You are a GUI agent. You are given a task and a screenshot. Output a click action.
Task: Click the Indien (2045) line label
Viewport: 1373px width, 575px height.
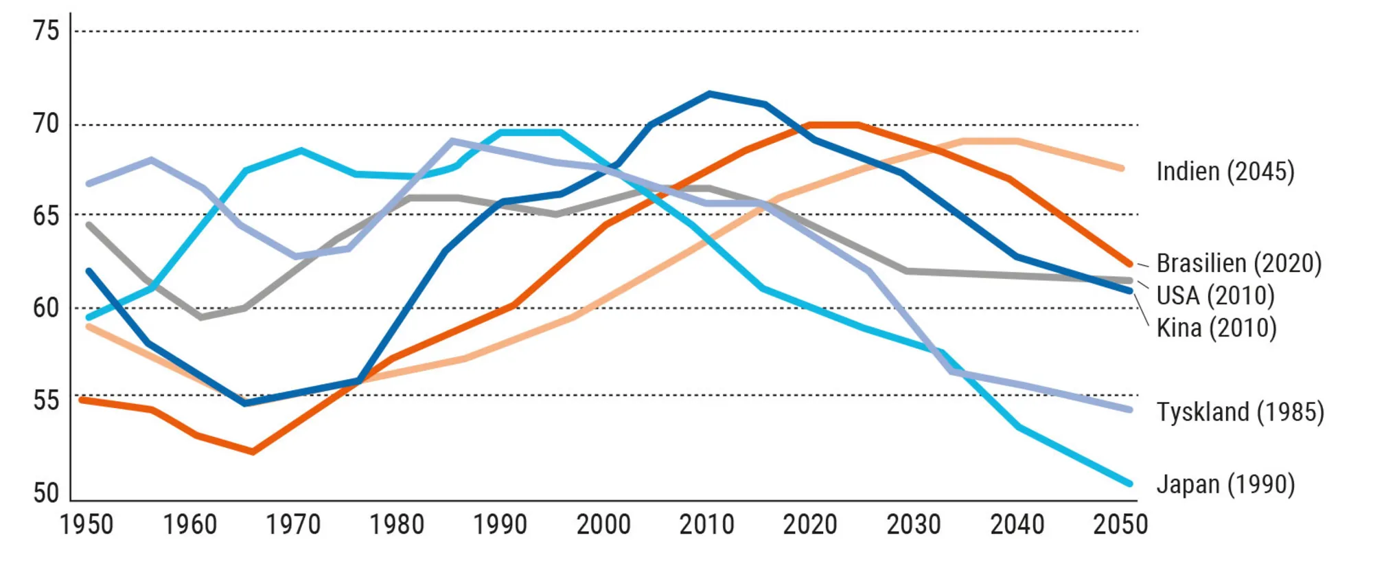tap(1225, 171)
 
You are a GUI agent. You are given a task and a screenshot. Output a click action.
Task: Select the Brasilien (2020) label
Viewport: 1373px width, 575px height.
tap(1238, 263)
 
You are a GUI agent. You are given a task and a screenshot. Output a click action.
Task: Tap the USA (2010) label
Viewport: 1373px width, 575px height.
tap(1215, 295)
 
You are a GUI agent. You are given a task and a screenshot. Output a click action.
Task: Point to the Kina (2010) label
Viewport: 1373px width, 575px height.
tap(1216, 328)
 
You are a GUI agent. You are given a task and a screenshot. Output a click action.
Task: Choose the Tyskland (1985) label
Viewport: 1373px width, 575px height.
tap(1240, 411)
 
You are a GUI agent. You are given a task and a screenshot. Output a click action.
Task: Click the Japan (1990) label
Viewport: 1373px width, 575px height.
tap(1225, 484)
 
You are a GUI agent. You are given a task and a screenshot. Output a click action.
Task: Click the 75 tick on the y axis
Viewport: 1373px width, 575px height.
tap(46, 31)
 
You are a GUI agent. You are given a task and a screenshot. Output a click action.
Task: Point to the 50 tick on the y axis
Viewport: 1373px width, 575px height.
tap(46, 493)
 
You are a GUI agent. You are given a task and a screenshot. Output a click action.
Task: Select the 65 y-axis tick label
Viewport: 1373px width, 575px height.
tap(46, 216)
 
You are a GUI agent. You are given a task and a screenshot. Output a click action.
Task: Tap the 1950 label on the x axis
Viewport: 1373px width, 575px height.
tap(86, 525)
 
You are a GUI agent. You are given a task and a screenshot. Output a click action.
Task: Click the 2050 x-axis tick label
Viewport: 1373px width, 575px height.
tap(1120, 525)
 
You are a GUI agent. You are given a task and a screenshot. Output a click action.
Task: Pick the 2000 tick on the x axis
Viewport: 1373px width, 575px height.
tap(603, 525)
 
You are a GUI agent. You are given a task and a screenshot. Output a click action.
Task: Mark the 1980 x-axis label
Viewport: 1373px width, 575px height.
tap(396, 525)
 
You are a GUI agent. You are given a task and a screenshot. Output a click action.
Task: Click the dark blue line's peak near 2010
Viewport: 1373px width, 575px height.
tap(709, 93)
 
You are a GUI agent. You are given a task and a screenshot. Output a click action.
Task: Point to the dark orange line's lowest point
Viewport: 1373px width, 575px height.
tap(253, 452)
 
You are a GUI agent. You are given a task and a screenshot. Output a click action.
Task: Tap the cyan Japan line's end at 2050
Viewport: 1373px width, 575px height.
tap(1129, 484)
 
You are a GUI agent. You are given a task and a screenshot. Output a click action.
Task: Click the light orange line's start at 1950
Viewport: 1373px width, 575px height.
tap(89, 326)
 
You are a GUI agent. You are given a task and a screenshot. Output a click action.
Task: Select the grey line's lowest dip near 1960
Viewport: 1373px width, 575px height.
tap(200, 317)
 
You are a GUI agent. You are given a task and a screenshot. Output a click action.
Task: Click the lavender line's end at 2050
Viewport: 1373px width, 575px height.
tap(1129, 409)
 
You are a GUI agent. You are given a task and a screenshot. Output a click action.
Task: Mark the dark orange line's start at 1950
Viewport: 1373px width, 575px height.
tap(82, 399)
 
